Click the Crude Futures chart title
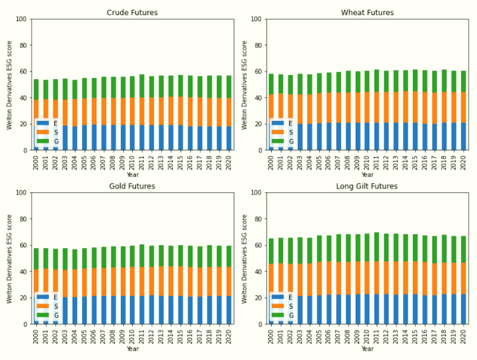(132, 12)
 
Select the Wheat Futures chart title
(367, 12)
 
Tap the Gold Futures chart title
(132, 186)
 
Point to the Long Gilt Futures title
(367, 186)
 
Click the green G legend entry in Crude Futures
(48, 142)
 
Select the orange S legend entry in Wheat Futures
(283, 132)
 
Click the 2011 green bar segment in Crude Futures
(142, 86)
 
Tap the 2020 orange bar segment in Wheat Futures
(462, 107)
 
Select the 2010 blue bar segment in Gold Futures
(132, 310)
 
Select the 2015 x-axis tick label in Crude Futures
(180, 160)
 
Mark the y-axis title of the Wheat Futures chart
(245, 85)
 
